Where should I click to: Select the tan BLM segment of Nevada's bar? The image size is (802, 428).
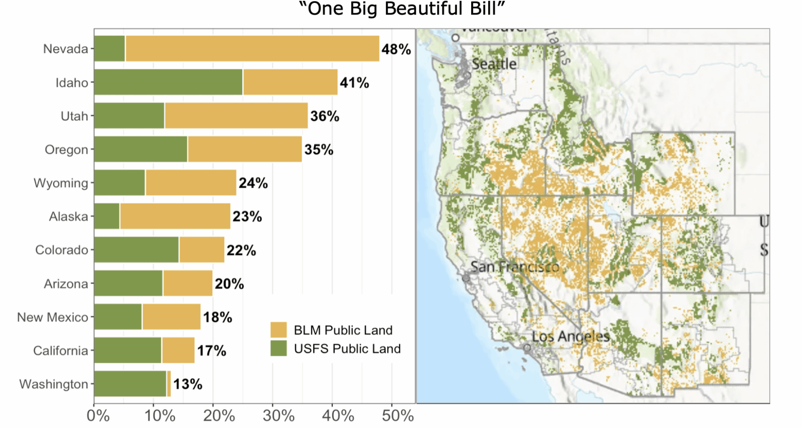click(x=252, y=48)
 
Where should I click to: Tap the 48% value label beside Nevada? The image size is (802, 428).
click(x=396, y=49)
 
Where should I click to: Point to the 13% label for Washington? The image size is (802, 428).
click(x=188, y=384)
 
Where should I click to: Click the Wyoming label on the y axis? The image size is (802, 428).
click(x=61, y=183)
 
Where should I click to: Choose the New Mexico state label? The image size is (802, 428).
click(x=53, y=317)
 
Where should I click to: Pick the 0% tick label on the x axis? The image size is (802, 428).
click(x=98, y=415)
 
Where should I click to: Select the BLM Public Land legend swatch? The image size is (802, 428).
click(x=278, y=330)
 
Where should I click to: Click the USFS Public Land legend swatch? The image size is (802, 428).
click(x=278, y=348)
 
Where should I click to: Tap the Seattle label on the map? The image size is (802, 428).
click(x=494, y=64)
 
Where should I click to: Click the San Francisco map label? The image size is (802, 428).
click(x=515, y=267)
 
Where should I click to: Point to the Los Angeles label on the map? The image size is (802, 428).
click(x=571, y=336)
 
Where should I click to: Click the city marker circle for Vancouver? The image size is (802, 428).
click(x=455, y=38)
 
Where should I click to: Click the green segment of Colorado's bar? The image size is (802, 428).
click(x=136, y=250)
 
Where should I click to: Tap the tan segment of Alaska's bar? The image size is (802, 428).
click(x=175, y=217)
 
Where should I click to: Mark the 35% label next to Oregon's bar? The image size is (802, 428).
click(x=319, y=150)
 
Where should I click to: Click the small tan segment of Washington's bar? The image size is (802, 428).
click(x=169, y=384)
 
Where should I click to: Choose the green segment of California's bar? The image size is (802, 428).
click(x=128, y=350)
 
